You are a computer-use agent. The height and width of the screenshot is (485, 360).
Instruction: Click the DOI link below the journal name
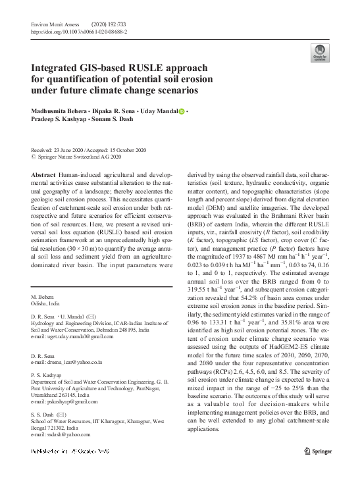pos(79,31)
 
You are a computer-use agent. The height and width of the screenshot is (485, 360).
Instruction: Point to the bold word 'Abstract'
pos(43,174)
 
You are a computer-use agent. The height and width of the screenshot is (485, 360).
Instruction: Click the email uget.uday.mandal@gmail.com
pos(80,336)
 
